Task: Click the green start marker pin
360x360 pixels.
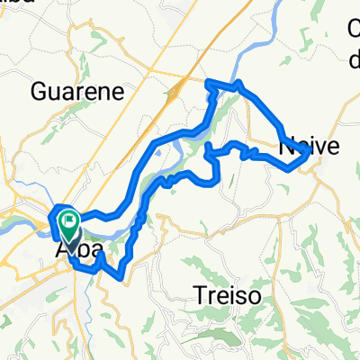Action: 68,221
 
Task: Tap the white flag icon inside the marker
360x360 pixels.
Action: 68,218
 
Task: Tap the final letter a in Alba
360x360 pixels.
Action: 93,249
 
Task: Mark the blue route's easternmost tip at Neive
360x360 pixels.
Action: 310,153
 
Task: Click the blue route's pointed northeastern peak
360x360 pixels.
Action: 239,84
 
